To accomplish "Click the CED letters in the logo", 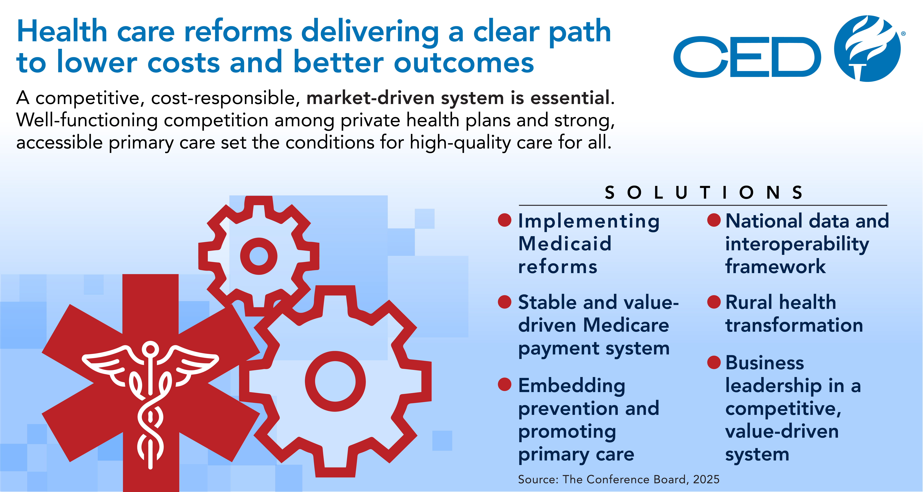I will coord(747,57).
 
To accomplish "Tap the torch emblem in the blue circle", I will coord(867,48).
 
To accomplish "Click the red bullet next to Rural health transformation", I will coord(714,302).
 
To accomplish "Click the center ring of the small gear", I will coord(259,256).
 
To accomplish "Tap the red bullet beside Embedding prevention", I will coord(504,384).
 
